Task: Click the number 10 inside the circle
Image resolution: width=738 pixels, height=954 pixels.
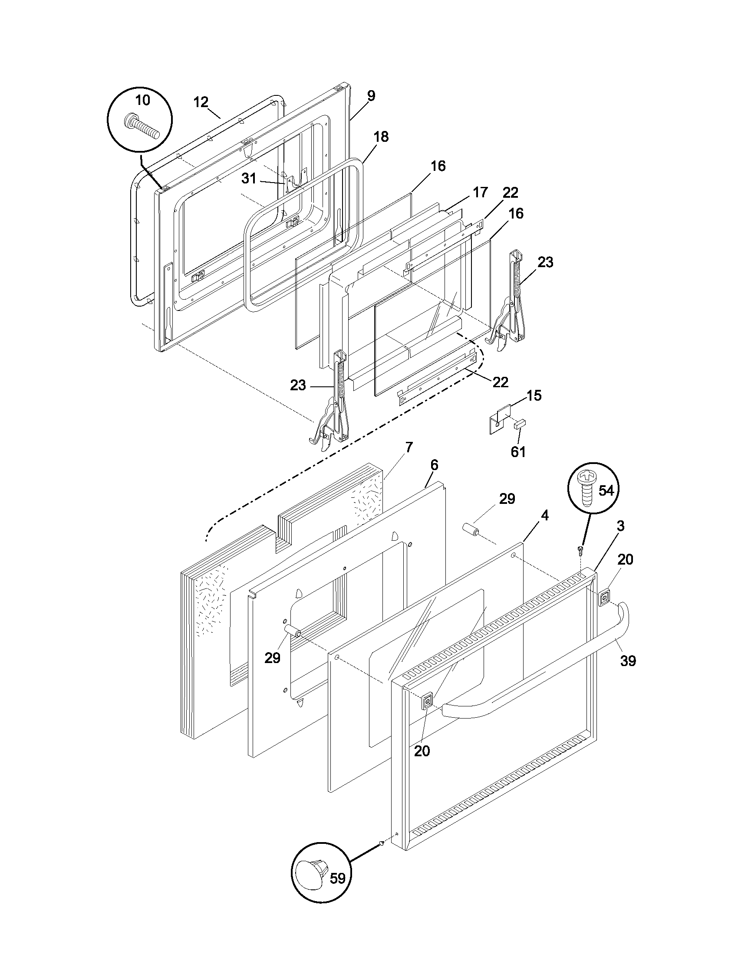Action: (x=142, y=100)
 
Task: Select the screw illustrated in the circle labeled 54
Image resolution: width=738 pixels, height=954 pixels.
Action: (x=586, y=487)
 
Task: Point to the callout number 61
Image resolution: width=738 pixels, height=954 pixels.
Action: (x=518, y=452)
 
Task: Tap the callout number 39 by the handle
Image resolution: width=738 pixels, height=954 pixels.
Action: (x=628, y=661)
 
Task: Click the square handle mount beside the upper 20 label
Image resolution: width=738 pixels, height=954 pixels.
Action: (x=604, y=598)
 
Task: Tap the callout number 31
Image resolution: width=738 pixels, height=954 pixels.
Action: (x=249, y=179)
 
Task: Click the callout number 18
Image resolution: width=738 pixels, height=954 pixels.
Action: (x=381, y=137)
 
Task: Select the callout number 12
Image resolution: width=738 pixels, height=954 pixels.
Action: (x=201, y=102)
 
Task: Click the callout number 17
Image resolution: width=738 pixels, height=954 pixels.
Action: (x=480, y=192)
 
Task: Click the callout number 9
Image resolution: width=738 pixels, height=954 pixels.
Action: (x=371, y=96)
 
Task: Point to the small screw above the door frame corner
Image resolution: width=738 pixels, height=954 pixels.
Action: (x=580, y=549)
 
